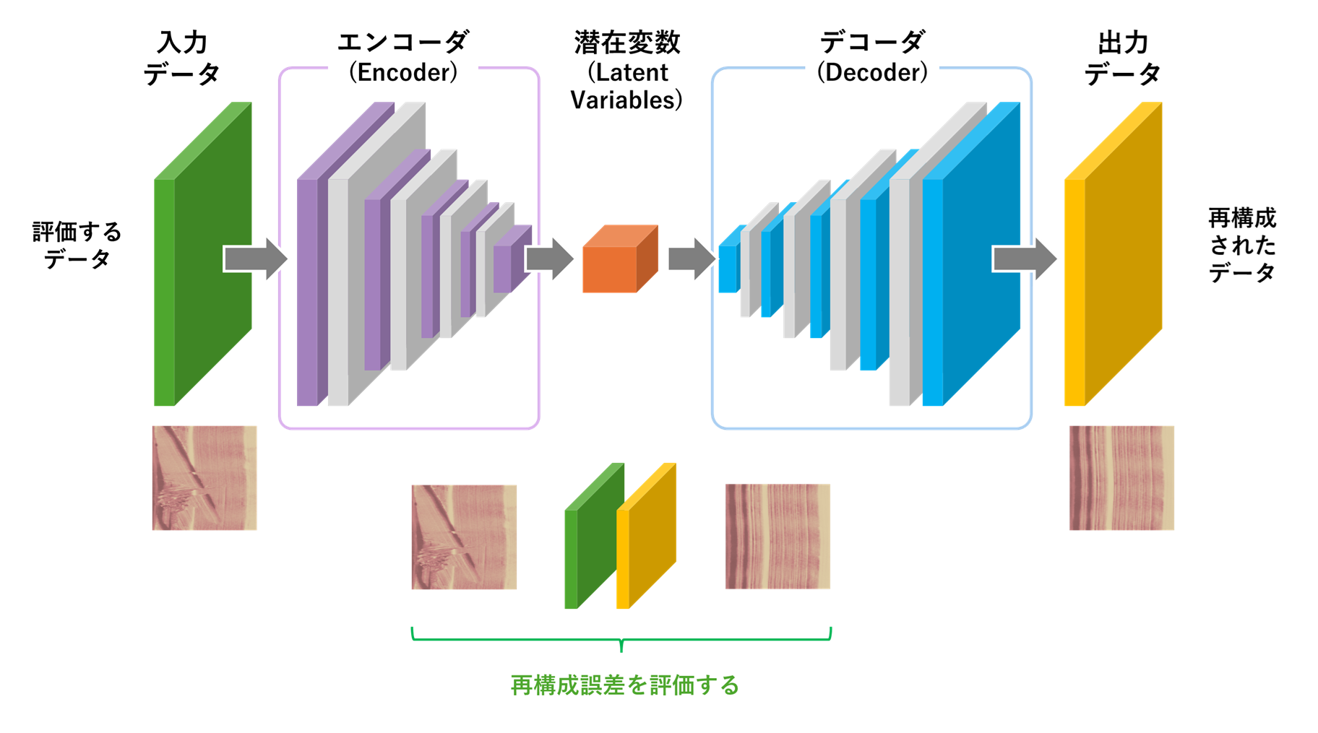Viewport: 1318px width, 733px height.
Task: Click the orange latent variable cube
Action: (x=619, y=260)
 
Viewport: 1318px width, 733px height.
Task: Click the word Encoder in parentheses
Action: (x=403, y=72)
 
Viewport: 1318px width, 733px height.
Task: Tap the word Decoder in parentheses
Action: (x=872, y=72)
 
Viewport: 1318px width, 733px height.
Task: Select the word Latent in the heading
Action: (x=632, y=72)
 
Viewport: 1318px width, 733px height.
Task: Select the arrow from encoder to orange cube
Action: (x=549, y=259)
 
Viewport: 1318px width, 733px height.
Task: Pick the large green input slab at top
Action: (x=202, y=253)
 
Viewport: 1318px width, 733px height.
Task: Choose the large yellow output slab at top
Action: (x=1113, y=253)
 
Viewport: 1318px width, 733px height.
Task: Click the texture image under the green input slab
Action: (x=204, y=478)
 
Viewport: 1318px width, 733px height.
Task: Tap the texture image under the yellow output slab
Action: (x=1121, y=478)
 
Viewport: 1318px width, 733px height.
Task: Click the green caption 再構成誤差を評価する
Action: (x=625, y=685)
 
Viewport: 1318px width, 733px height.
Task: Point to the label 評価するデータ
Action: (x=77, y=246)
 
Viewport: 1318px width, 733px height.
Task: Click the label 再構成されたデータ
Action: (x=1242, y=246)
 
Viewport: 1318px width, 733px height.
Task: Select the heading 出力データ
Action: (x=1123, y=58)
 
